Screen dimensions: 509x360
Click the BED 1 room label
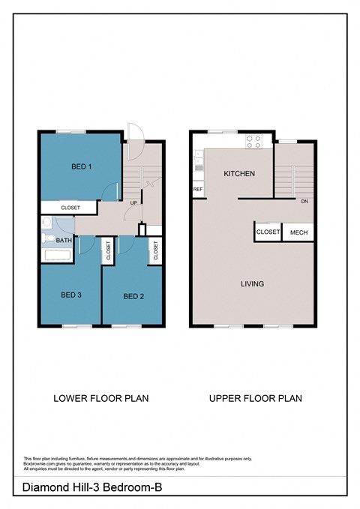point(81,166)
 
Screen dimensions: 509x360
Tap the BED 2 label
point(133,295)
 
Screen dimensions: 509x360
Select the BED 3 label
point(70,295)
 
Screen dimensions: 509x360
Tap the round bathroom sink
point(46,222)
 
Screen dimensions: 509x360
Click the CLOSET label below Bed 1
point(70,208)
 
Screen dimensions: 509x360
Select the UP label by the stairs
point(133,203)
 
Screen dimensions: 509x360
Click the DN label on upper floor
point(304,202)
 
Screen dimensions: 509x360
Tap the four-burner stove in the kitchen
point(253,139)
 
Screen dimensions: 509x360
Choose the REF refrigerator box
point(198,190)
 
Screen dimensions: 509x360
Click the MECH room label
point(298,232)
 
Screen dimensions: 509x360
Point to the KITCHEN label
point(239,174)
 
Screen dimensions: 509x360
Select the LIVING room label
point(252,283)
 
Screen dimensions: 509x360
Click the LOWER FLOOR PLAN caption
point(100,398)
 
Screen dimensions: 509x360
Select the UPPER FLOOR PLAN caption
point(255,398)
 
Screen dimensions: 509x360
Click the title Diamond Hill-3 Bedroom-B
point(91,487)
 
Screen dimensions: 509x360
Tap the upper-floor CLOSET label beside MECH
point(268,232)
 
